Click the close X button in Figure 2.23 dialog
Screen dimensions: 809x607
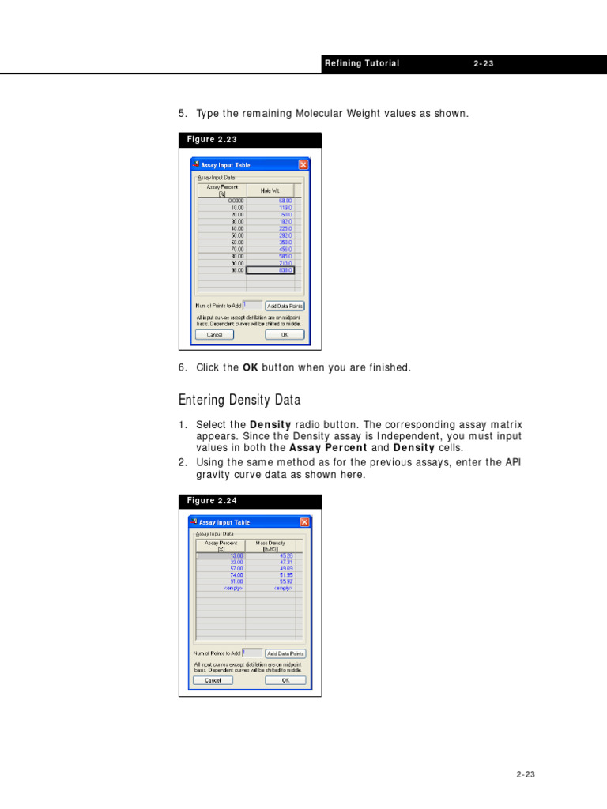(x=303, y=165)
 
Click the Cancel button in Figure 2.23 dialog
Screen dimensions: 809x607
(x=214, y=334)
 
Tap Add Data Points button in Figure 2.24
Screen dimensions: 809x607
(x=285, y=653)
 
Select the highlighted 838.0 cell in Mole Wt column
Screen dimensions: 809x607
(x=270, y=270)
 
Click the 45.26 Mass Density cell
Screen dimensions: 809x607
(x=270, y=555)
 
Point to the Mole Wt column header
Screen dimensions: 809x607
(x=270, y=190)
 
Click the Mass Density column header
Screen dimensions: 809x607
(x=270, y=545)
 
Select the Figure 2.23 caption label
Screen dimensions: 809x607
(x=212, y=140)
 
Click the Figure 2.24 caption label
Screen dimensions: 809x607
(x=212, y=501)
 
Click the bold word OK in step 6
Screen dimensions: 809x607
(x=250, y=368)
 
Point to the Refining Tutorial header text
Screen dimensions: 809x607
(x=362, y=64)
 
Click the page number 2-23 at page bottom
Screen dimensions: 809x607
(x=526, y=775)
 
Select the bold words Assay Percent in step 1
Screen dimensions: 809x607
(x=326, y=447)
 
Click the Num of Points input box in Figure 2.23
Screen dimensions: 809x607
(x=252, y=305)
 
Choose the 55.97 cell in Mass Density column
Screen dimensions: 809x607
(x=270, y=581)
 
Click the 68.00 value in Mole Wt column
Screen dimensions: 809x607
(x=270, y=201)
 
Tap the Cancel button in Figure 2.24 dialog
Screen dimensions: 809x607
(x=213, y=680)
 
